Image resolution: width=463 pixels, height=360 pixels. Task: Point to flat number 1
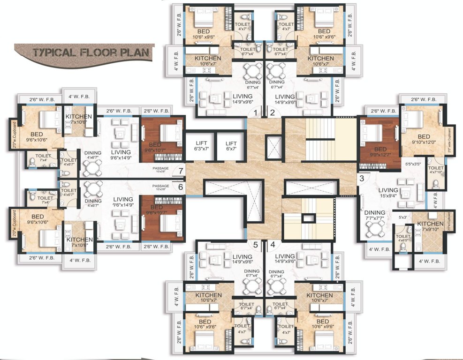(256, 113)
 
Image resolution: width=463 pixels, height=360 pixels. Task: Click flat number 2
(272, 113)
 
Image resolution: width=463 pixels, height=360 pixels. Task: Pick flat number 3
(361, 178)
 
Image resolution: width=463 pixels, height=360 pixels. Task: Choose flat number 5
(256, 244)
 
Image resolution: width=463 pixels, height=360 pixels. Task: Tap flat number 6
(180, 186)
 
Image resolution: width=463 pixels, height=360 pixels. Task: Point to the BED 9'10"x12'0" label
(424, 140)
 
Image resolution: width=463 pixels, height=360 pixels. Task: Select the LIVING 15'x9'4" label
(388, 193)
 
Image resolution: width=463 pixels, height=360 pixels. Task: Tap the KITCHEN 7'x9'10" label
(430, 226)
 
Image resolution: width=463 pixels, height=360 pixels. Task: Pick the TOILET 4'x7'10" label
(436, 171)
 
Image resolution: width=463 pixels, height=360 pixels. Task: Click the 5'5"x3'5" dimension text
(413, 165)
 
